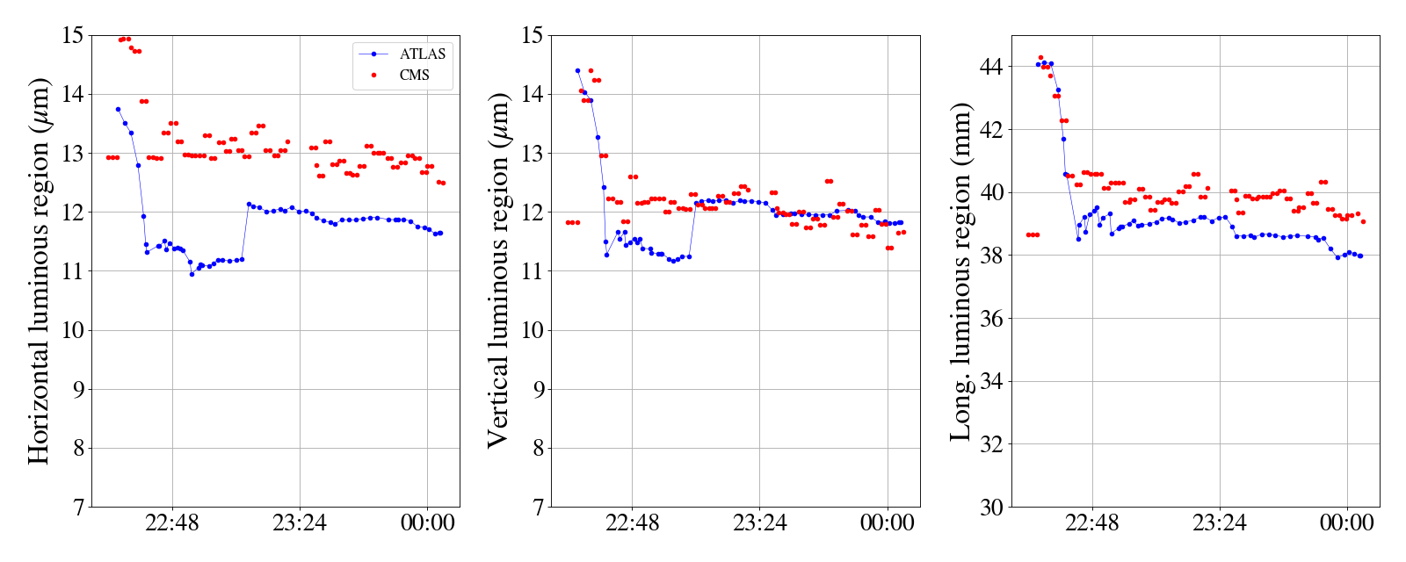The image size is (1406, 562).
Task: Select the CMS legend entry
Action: pyautogui.click(x=414, y=76)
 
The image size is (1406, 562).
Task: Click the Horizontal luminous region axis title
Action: pyautogui.click(x=39, y=270)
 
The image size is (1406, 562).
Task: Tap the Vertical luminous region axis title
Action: pyautogui.click(x=498, y=270)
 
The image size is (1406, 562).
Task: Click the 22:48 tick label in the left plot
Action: pyautogui.click(x=172, y=523)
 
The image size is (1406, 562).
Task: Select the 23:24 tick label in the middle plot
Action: pyautogui.click(x=760, y=523)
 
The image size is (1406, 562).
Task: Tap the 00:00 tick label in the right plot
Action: pyautogui.click(x=1347, y=523)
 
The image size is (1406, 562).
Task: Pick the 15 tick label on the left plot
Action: pyautogui.click(x=73, y=35)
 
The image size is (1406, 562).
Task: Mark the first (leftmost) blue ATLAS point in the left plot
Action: pyautogui.click(x=118, y=109)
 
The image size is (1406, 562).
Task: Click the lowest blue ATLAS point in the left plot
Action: pyautogui.click(x=192, y=274)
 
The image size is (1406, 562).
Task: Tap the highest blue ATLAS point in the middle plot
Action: pyautogui.click(x=577, y=70)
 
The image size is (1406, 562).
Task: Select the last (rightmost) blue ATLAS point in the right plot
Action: pyautogui.click(x=1360, y=256)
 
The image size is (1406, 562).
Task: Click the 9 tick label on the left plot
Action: pyautogui.click(x=78, y=389)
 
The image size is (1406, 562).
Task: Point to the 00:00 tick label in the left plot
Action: pyautogui.click(x=428, y=523)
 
